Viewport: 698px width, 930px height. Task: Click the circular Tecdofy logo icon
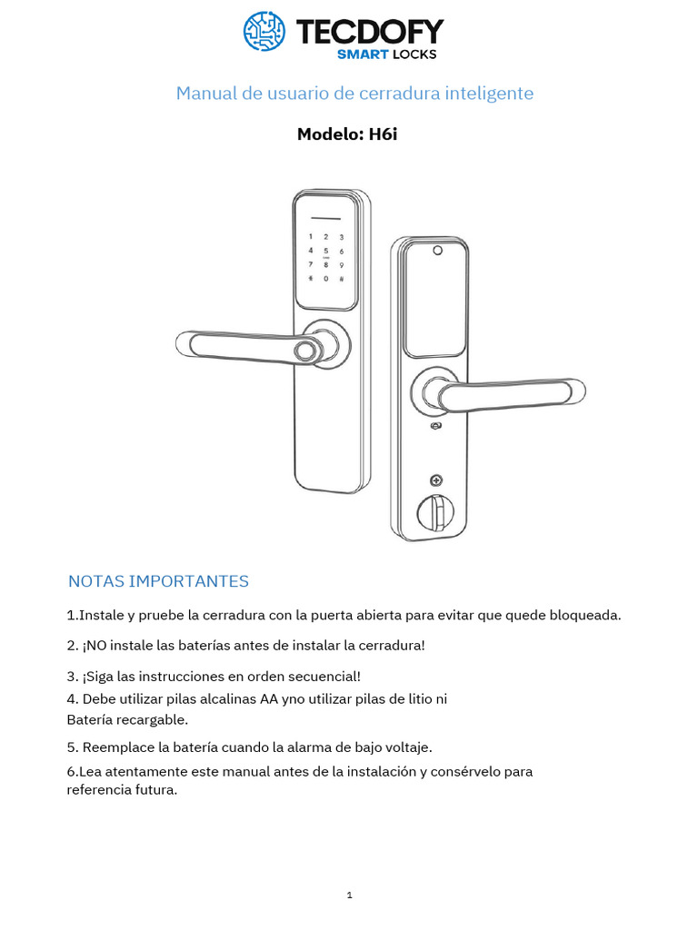[264, 30]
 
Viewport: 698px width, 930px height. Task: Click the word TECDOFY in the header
[370, 33]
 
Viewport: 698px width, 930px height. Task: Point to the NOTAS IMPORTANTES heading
[158, 581]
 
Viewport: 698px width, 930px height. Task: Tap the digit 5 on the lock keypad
[326, 249]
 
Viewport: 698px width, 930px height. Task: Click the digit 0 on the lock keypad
[326, 278]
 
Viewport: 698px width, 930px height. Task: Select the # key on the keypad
[341, 278]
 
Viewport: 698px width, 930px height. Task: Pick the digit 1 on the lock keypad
[311, 236]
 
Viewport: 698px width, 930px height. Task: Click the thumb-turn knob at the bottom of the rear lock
[434, 514]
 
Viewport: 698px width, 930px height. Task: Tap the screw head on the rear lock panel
[437, 480]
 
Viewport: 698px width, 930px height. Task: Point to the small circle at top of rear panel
[437, 252]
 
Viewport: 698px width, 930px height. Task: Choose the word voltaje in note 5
[406, 748]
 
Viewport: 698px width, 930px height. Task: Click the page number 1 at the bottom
[349, 895]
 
